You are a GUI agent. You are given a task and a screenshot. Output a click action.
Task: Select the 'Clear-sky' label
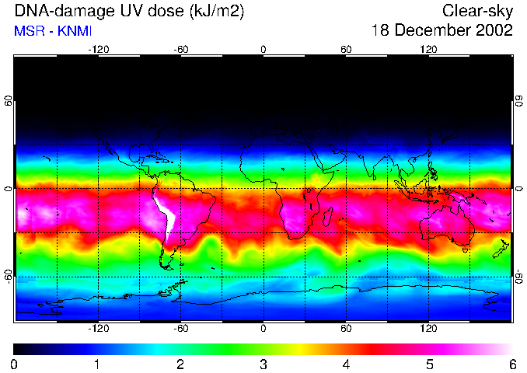(x=477, y=12)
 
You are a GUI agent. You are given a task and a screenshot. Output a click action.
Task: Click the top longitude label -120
(x=98, y=49)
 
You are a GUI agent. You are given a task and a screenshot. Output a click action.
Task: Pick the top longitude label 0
(x=263, y=49)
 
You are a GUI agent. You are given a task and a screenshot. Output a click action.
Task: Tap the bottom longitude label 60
(x=346, y=329)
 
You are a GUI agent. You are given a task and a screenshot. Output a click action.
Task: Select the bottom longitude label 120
(x=429, y=329)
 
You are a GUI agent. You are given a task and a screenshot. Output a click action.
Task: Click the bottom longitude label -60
(x=180, y=329)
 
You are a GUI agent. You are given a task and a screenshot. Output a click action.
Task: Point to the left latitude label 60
(x=9, y=101)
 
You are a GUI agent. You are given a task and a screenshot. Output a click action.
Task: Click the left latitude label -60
(x=9, y=276)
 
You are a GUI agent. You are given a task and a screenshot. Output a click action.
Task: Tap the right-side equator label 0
(x=518, y=189)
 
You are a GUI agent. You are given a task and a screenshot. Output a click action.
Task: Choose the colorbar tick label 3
(x=263, y=364)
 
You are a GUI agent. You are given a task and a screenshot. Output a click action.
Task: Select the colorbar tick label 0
(x=15, y=364)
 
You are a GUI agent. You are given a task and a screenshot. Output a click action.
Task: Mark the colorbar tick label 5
(x=429, y=364)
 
